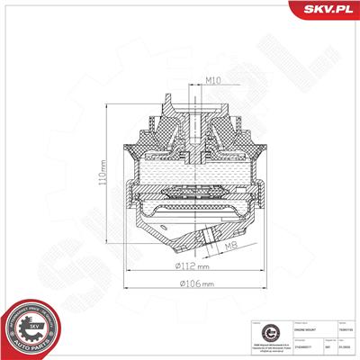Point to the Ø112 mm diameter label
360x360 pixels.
pos(193,267)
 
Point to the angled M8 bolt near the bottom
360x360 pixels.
pos(210,238)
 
